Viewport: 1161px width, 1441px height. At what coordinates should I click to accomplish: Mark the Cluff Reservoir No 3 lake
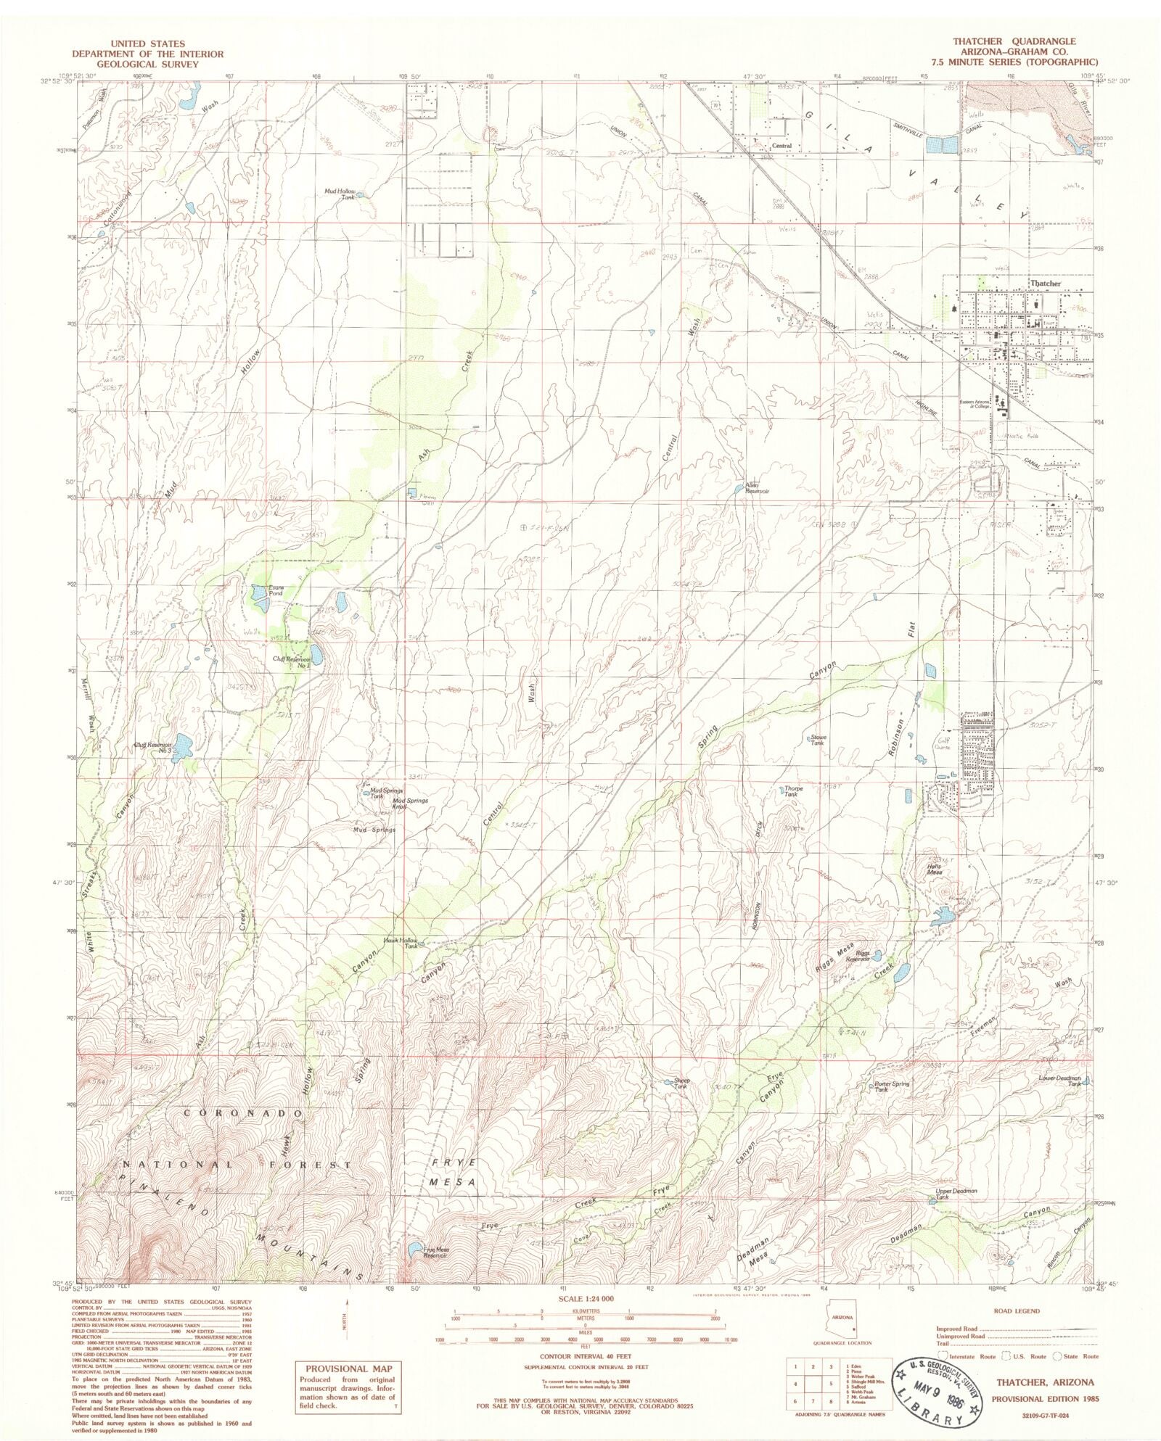[x=181, y=743]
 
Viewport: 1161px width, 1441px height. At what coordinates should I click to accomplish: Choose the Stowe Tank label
[x=818, y=740]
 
